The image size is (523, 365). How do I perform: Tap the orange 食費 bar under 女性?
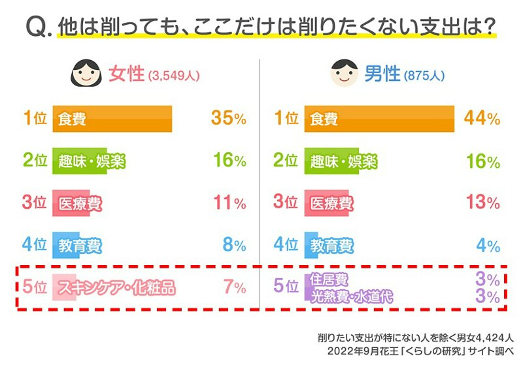(112, 119)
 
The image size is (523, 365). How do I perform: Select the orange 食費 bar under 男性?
(379, 119)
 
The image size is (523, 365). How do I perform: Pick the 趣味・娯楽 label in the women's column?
(91, 161)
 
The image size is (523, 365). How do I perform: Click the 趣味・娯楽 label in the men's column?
(343, 161)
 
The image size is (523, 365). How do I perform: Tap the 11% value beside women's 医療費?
(229, 202)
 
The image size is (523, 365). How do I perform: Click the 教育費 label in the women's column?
(80, 246)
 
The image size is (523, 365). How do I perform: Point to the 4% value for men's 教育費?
(490, 246)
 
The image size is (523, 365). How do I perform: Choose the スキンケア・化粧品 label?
(117, 287)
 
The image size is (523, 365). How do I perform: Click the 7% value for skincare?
(234, 287)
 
